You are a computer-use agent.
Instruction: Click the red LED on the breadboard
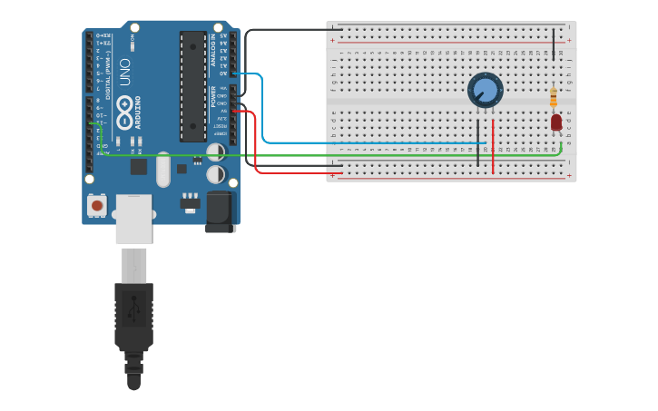556,122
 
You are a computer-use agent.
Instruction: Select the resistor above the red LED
554,97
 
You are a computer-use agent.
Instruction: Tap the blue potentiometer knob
486,90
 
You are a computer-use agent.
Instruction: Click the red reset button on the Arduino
96,206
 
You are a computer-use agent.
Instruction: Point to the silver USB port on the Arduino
133,218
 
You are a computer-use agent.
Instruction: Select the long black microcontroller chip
192,86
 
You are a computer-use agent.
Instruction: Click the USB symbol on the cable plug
133,309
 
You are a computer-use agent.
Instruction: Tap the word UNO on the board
125,73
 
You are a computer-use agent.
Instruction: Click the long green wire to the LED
363,155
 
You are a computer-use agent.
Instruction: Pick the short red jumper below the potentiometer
493,145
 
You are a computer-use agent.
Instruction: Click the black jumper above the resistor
553,44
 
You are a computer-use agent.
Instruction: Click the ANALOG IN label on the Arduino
214,51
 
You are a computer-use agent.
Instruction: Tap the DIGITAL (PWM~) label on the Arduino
109,77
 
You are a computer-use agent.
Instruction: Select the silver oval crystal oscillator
163,169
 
